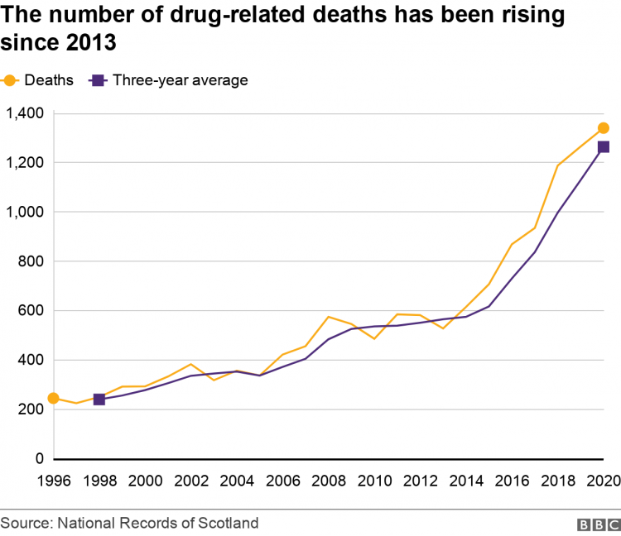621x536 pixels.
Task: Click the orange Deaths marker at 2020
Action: tap(603, 128)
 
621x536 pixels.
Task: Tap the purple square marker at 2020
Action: tap(603, 147)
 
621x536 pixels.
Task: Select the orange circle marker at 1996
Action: tap(53, 398)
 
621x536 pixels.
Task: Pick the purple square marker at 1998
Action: tap(99, 399)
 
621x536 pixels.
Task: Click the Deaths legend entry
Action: tap(39, 80)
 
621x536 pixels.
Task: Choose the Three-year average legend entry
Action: tap(170, 80)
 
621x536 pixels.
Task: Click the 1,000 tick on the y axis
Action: tap(25, 212)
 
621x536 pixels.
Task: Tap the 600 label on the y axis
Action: tap(31, 311)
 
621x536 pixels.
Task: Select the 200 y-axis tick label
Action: tap(31, 409)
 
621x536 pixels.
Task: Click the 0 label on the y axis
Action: tap(38, 459)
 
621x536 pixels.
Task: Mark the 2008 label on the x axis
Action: tap(329, 480)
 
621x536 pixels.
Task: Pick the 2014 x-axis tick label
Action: tap(466, 480)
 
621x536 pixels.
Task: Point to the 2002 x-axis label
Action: tap(190, 480)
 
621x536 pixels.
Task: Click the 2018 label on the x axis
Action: tap(557, 480)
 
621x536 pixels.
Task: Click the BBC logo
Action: tap(595, 524)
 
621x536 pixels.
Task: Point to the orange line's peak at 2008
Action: tap(329, 317)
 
